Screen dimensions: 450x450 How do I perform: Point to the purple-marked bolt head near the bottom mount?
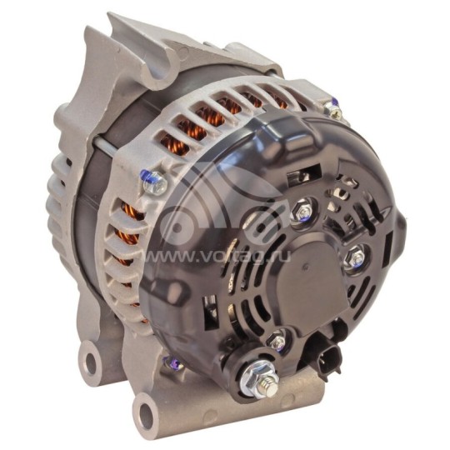pos(171,363)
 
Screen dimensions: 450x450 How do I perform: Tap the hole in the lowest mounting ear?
pos(147,412)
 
